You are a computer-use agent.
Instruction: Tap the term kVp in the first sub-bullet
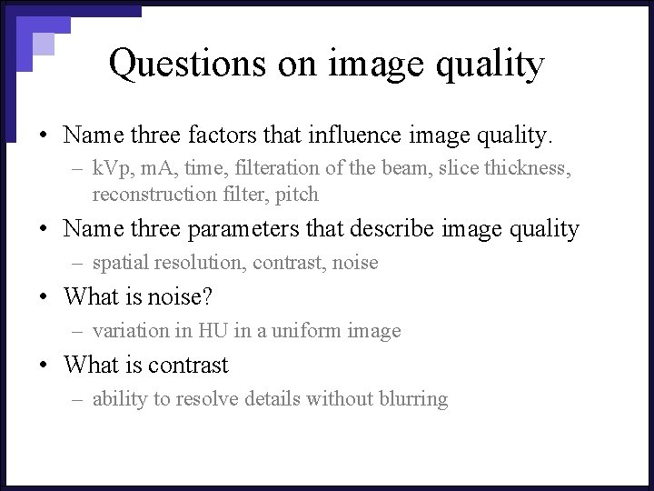pyautogui.click(x=112, y=167)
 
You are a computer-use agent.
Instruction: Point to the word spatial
pyautogui.click(x=117, y=263)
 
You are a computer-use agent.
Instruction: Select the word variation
pyautogui.click(x=125, y=331)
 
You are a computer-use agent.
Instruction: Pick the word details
pyautogui.click(x=272, y=399)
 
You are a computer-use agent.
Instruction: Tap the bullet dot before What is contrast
pyautogui.click(x=45, y=366)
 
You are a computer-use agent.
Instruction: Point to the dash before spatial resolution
pyautogui.click(x=78, y=264)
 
